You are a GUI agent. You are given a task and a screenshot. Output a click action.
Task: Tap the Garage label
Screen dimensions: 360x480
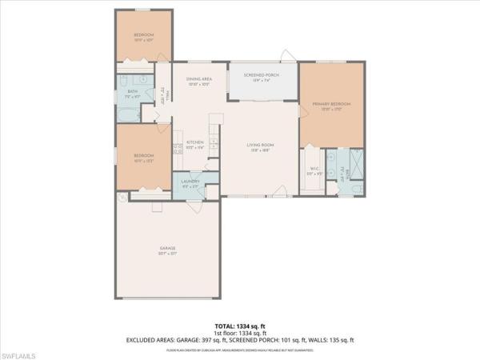(167, 251)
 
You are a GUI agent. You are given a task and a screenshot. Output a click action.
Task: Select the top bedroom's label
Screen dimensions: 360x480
(143, 35)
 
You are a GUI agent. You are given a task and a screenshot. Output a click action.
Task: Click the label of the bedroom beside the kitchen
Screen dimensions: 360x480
(143, 158)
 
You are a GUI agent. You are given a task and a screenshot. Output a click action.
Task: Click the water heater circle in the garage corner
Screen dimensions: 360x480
(120, 197)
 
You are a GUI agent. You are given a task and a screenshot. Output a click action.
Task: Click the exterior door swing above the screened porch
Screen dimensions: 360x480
(286, 58)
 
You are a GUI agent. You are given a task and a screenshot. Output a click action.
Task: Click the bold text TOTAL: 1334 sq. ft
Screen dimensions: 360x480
(239, 326)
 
